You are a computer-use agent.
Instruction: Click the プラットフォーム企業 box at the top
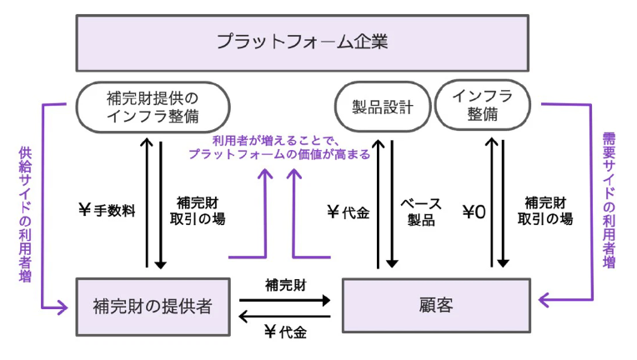[302, 42]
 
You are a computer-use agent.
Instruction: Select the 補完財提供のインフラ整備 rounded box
[153, 107]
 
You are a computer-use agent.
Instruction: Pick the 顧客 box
[437, 305]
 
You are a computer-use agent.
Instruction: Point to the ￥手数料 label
[108, 212]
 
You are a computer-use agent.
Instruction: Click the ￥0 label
[473, 212]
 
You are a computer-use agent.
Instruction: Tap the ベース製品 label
[421, 212]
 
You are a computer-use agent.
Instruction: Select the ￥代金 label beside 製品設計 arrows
[349, 212]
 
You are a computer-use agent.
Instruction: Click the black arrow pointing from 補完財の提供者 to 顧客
[285, 299]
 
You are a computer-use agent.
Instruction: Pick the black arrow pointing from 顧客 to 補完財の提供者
[285, 316]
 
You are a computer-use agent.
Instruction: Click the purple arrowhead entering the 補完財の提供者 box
[63, 310]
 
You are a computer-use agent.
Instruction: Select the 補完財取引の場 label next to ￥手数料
[201, 212]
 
